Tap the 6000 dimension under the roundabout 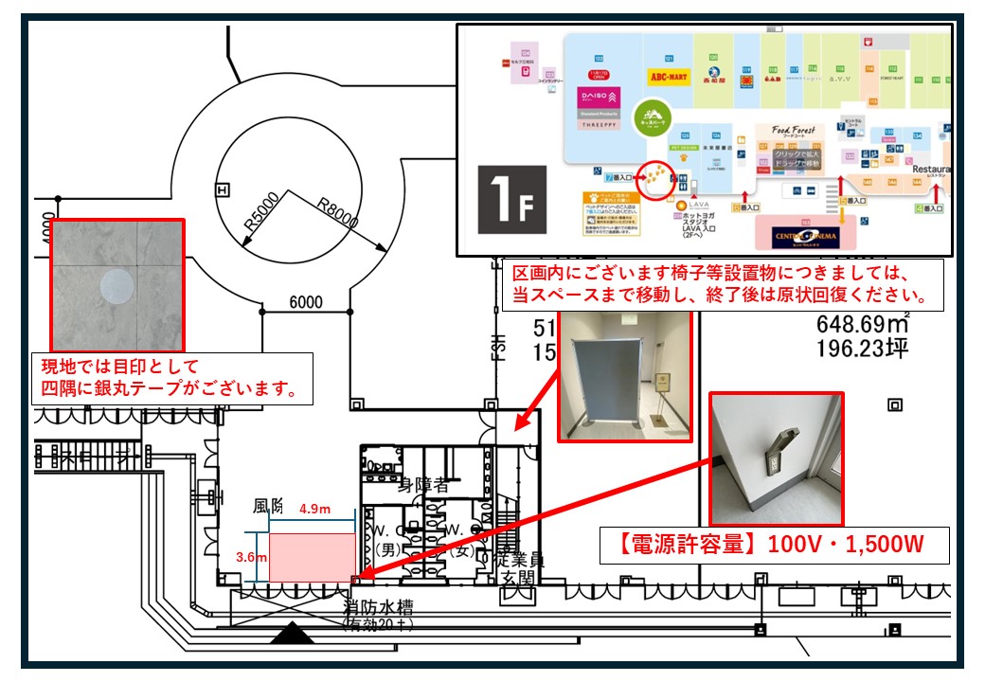tap(305, 303)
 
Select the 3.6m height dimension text tap(250, 557)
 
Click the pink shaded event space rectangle tap(312, 558)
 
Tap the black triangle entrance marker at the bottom tap(292, 633)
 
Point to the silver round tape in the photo tap(118, 286)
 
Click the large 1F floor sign tap(511, 199)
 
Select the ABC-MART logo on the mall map tap(670, 75)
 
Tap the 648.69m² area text tap(863, 325)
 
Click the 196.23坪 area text tap(862, 349)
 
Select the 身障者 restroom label tap(423, 486)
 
